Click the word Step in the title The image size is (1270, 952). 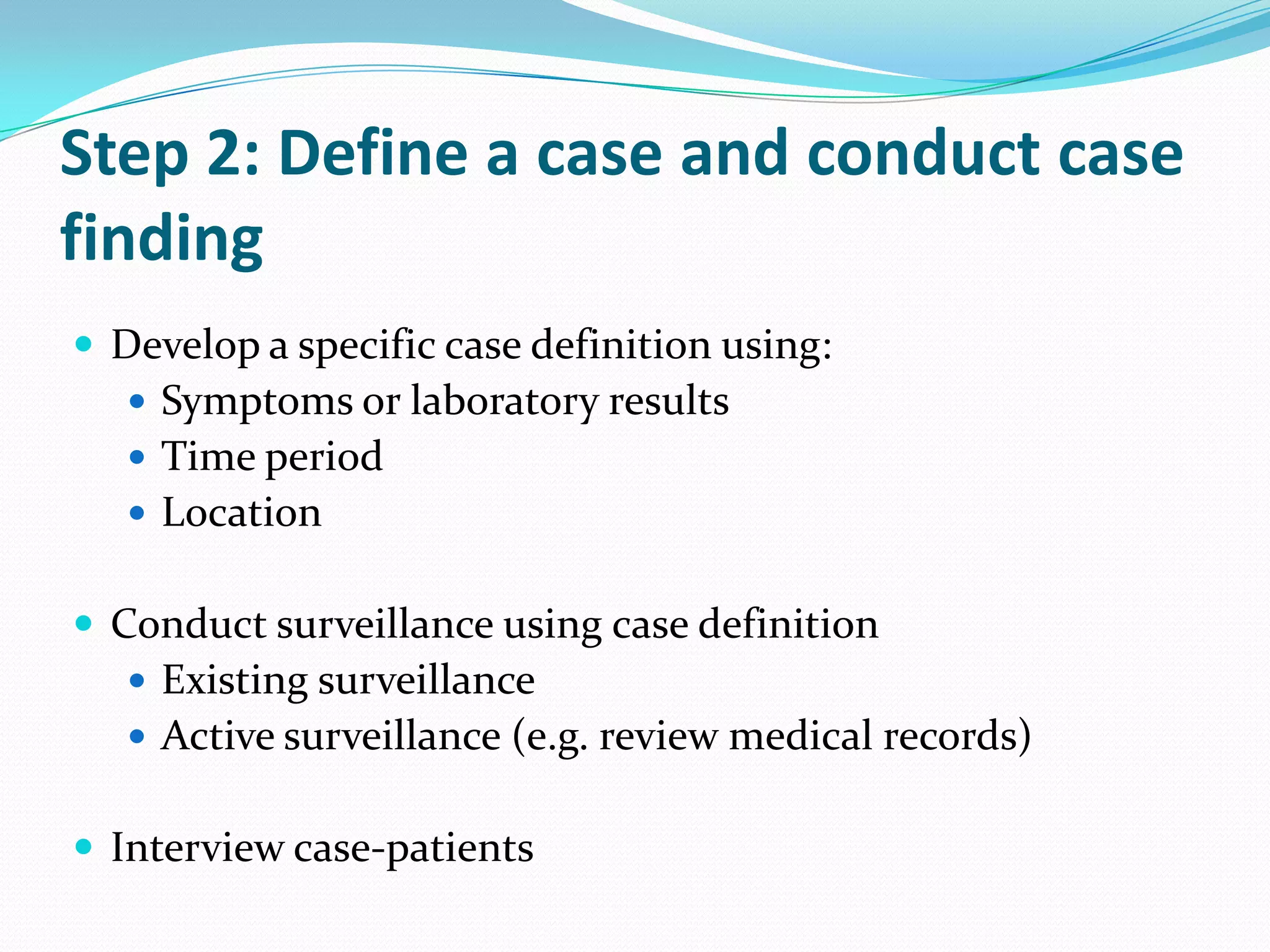[x=124, y=155]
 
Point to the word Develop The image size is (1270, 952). [x=185, y=346]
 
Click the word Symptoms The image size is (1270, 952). [x=257, y=402]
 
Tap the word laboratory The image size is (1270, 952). [x=504, y=402]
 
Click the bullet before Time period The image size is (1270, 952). [x=138, y=457]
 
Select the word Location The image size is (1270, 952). [x=242, y=513]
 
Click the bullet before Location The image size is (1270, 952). [x=138, y=513]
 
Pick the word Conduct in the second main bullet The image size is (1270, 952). [x=189, y=624]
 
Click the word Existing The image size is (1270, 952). [x=234, y=681]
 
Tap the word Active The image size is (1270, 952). [x=218, y=736]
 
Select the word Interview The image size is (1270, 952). [x=197, y=848]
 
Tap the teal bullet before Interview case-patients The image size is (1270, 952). [x=84, y=846]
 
